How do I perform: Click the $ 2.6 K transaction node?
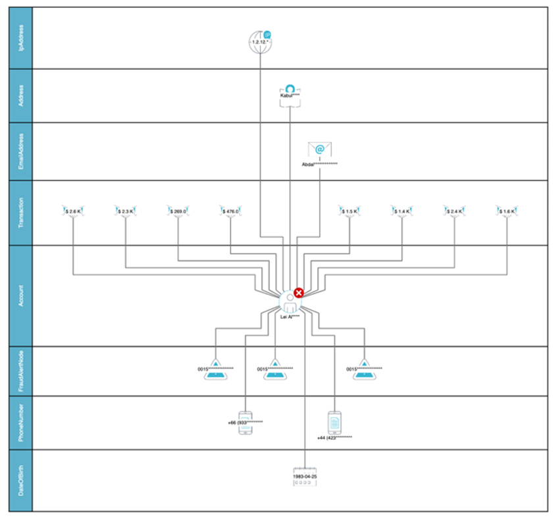[x=72, y=211]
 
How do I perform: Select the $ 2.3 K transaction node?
[x=125, y=211]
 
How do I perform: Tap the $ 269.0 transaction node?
[x=178, y=211]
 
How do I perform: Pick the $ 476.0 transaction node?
[x=230, y=211]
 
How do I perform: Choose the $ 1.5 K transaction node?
[x=349, y=211]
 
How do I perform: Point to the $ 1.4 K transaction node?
[x=401, y=211]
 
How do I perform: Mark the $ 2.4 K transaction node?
[x=454, y=211]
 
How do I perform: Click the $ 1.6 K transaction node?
[x=507, y=211]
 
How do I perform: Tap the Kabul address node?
[x=290, y=92]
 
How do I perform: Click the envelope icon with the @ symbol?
[x=319, y=150]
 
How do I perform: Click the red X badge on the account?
[x=299, y=293]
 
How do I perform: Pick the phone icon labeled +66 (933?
[x=245, y=420]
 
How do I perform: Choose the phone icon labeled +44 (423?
[x=334, y=421]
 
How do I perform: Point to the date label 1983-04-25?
[x=305, y=475]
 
